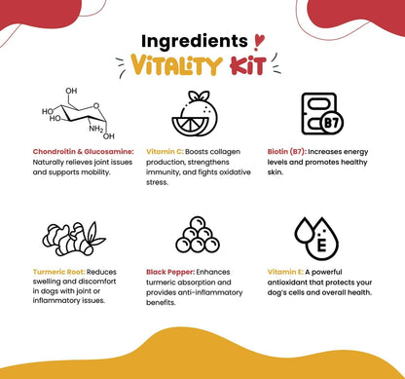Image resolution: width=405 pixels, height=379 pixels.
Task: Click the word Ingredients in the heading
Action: click(195, 42)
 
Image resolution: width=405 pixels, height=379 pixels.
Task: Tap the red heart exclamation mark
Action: click(259, 42)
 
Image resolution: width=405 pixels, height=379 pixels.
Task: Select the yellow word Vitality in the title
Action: click(176, 64)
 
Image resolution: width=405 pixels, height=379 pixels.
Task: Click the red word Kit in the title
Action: click(248, 65)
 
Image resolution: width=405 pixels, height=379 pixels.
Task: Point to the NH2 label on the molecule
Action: click(96, 129)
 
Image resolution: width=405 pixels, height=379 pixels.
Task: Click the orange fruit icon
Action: click(195, 114)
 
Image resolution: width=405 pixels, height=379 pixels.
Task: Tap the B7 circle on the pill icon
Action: click(332, 123)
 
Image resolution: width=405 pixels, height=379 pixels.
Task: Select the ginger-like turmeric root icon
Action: click(74, 239)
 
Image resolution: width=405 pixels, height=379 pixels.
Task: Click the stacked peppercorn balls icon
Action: click(198, 235)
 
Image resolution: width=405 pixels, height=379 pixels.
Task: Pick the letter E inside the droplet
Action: click(321, 246)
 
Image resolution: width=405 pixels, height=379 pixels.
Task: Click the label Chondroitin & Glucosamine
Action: click(83, 152)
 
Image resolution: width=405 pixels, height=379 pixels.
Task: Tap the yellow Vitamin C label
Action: click(165, 152)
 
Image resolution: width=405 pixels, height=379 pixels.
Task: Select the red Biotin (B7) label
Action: click(287, 152)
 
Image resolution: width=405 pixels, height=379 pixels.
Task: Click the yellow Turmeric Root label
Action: click(59, 272)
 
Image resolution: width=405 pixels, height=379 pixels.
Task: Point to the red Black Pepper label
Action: click(170, 272)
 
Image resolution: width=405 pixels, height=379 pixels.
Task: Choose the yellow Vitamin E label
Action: click(285, 272)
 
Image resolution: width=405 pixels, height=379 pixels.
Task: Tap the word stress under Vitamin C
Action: click(157, 182)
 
